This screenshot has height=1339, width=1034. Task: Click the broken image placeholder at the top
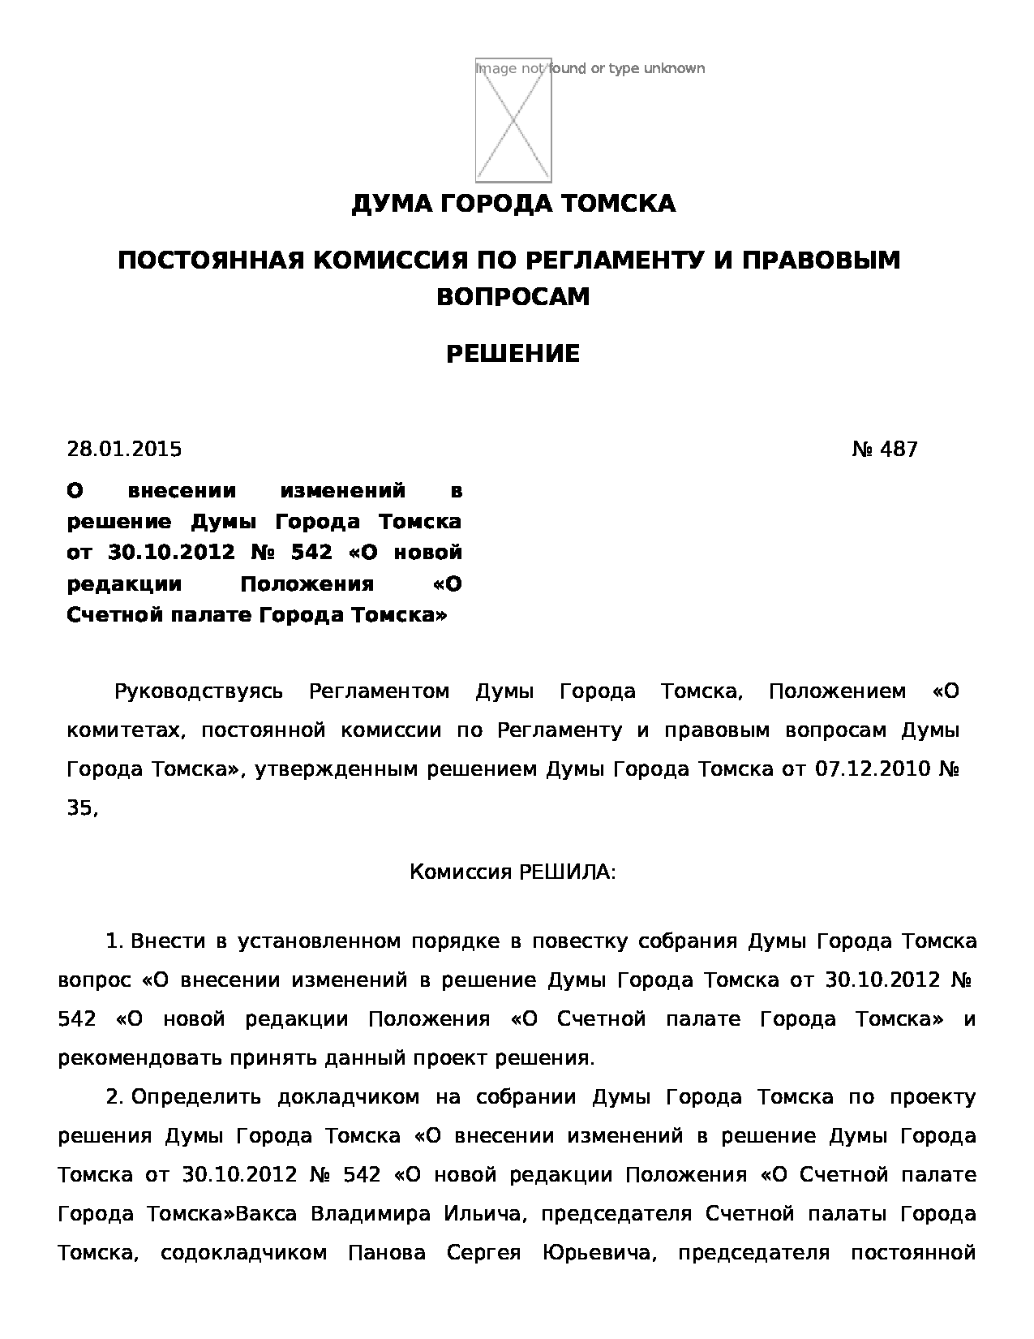pyautogui.click(x=513, y=120)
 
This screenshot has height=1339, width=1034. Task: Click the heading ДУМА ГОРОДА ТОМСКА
pyautogui.click(x=513, y=204)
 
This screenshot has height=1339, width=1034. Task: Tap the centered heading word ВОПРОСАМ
pyautogui.click(x=513, y=297)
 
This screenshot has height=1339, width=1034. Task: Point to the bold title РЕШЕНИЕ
pyautogui.click(x=513, y=354)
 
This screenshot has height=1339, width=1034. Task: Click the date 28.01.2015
pyautogui.click(x=124, y=449)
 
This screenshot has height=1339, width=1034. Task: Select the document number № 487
pyautogui.click(x=885, y=449)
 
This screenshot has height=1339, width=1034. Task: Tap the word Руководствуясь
pyautogui.click(x=199, y=691)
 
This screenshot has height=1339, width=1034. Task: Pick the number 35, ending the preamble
pyautogui.click(x=82, y=808)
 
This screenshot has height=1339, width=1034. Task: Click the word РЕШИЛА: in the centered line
pyautogui.click(x=567, y=872)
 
